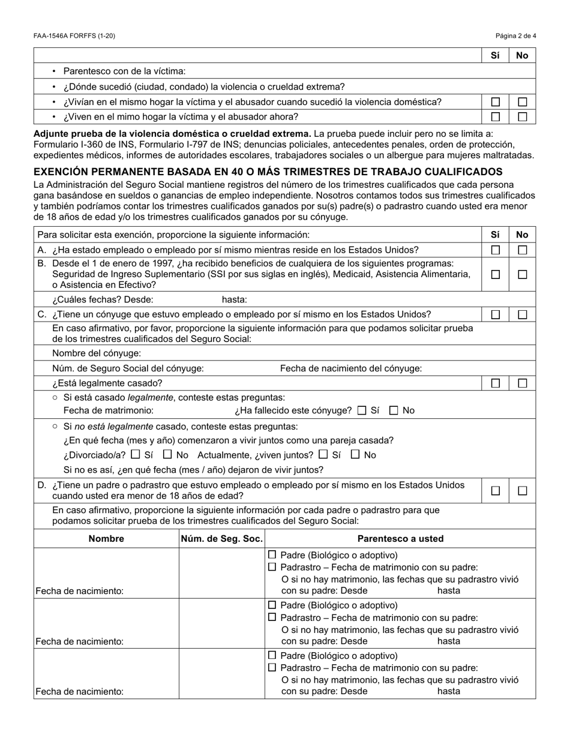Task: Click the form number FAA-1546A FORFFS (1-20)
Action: click(74, 36)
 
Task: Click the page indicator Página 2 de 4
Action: click(515, 36)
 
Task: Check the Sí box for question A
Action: click(496, 250)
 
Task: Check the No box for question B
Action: click(523, 274)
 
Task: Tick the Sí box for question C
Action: click(496, 314)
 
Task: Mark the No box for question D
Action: click(523, 491)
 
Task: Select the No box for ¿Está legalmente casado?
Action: click(523, 383)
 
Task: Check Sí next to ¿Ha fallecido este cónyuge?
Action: click(362, 411)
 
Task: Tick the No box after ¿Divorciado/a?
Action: click(168, 455)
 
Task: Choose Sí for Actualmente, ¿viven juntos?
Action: click(324, 455)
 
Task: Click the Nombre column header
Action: click(106, 539)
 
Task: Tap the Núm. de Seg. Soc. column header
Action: click(222, 539)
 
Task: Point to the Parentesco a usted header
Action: click(400, 539)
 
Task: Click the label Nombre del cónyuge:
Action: click(97, 353)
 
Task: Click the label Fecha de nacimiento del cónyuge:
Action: click(351, 368)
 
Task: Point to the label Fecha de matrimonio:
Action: click(109, 410)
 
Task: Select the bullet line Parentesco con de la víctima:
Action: click(125, 71)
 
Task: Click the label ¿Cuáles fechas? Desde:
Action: click(103, 299)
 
